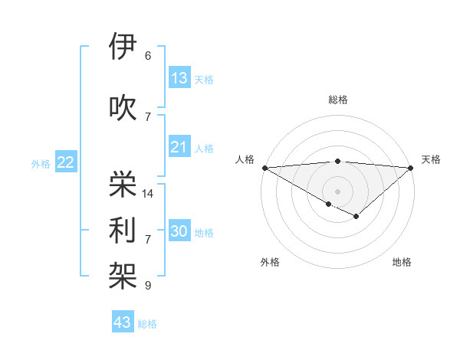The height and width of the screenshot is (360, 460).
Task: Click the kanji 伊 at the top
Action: (x=123, y=47)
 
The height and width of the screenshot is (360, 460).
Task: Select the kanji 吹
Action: (x=123, y=107)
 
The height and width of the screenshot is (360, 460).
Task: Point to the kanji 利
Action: (x=123, y=230)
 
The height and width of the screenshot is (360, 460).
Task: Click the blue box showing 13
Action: (x=179, y=77)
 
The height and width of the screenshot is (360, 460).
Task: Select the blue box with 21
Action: (x=179, y=147)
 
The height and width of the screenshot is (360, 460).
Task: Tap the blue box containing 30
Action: (x=179, y=231)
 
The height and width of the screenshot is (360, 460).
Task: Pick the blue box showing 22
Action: (x=66, y=162)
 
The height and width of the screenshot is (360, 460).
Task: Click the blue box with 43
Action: (x=123, y=322)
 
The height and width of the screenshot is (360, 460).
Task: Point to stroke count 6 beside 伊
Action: (x=148, y=56)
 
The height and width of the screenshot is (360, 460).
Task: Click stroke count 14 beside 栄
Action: (x=148, y=194)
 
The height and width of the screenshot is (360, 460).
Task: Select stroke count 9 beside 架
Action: (x=148, y=286)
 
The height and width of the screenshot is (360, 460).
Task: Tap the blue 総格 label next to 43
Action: (x=147, y=324)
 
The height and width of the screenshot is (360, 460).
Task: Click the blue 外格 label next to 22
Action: (x=41, y=163)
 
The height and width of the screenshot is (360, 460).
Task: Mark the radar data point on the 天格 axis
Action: (x=411, y=168)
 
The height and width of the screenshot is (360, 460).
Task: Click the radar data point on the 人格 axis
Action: (x=264, y=168)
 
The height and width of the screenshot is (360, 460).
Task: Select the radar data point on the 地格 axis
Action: (x=356, y=217)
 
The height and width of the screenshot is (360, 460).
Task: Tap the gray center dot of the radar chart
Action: (x=337, y=191)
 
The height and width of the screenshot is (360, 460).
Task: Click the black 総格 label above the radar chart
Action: (x=338, y=100)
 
